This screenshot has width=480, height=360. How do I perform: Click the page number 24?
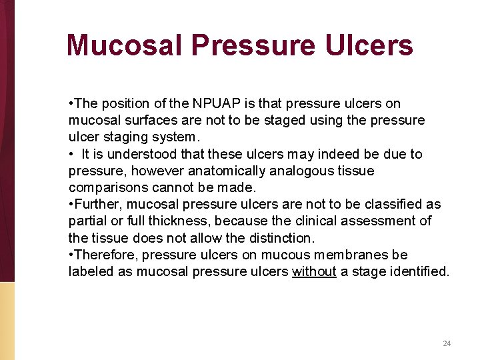coord(447,343)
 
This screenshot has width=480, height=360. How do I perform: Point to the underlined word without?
coord(314,271)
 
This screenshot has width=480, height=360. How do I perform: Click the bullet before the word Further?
coord(71,204)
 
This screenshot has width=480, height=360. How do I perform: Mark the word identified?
coord(418,271)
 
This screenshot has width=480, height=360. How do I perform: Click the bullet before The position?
coord(71,103)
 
